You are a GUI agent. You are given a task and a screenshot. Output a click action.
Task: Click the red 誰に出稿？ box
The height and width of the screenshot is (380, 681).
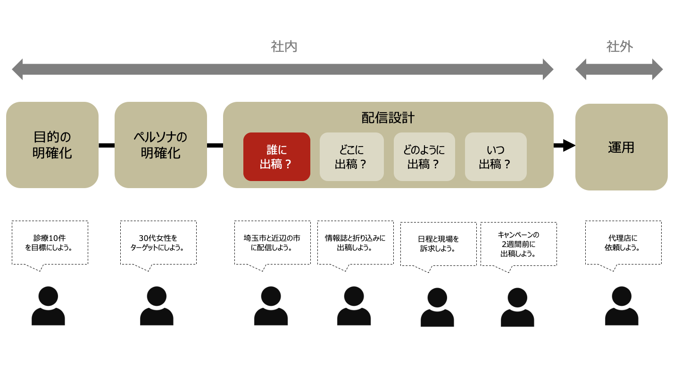[x=277, y=157]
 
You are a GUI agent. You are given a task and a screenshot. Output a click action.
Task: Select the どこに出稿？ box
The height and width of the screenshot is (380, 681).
[x=352, y=157]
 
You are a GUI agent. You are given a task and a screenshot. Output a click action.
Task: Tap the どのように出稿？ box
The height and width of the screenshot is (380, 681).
[x=424, y=157]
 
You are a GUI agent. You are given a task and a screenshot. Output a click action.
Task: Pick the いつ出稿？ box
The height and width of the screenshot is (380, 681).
[x=496, y=157]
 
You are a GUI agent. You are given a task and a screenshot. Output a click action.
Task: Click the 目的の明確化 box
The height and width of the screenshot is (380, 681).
[x=52, y=145]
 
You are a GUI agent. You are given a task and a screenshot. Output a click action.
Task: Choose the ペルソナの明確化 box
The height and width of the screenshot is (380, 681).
[x=161, y=145]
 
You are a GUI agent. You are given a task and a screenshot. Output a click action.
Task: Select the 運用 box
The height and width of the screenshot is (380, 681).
[x=622, y=147]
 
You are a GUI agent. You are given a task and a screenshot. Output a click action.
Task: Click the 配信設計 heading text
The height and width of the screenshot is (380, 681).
[x=388, y=118]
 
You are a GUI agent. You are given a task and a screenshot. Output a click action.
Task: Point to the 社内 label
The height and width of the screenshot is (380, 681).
[x=284, y=47]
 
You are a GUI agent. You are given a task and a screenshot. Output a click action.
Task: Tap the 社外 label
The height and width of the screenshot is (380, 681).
[x=620, y=47]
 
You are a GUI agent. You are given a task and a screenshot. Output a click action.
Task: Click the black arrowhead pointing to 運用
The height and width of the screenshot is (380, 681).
[x=568, y=145]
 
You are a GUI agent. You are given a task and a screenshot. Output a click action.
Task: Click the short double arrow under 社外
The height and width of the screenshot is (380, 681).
[x=619, y=69]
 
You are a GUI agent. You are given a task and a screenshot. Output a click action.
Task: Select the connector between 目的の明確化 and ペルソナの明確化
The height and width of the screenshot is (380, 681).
[x=107, y=145]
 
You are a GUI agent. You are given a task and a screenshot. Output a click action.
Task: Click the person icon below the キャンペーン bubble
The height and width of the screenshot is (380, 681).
[x=517, y=307]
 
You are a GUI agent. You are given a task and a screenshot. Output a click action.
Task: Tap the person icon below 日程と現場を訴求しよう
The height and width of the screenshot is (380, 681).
[x=437, y=307]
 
